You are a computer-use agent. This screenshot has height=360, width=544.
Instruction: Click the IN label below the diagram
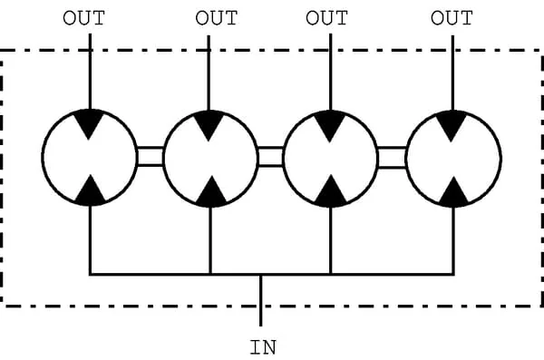263,347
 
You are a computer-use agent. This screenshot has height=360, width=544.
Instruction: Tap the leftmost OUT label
83,18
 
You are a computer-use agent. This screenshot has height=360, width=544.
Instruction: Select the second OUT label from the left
217,18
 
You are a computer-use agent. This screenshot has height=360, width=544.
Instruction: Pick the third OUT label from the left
326,18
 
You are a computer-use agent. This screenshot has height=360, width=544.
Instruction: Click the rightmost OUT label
452,18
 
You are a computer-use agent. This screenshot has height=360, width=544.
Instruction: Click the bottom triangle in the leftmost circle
91,191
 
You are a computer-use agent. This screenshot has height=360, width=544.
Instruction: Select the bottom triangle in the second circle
211,193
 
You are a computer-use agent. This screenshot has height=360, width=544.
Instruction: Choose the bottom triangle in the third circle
331,192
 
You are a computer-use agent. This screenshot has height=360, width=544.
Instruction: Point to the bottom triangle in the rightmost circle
453,194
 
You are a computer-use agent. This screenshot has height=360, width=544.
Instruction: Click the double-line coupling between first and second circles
151,157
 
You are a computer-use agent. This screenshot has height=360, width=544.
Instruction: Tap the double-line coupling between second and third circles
270,157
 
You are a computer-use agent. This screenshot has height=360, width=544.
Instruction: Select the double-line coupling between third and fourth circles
392,158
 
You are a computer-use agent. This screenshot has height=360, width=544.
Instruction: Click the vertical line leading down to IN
261,301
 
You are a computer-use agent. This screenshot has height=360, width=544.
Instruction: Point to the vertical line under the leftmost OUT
90,72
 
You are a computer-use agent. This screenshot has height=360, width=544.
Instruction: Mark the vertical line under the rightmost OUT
452,73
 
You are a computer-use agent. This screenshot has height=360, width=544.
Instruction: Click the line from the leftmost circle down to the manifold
90,239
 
